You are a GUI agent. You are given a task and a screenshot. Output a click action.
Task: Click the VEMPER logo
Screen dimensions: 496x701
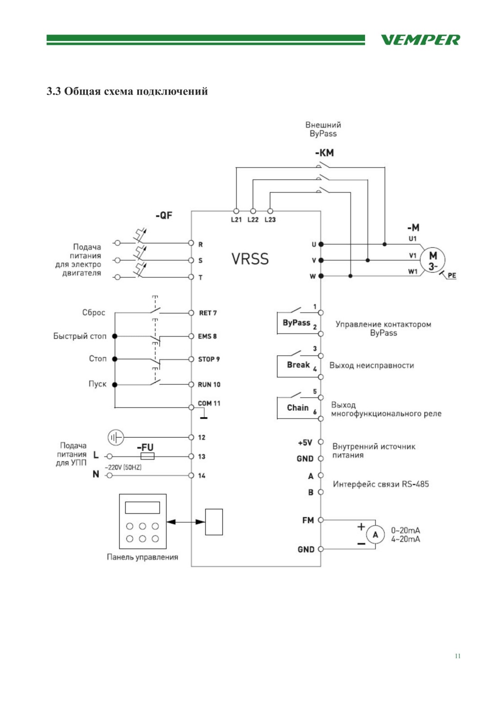point(420,40)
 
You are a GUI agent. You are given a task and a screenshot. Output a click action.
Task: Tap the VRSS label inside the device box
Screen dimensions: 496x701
point(250,259)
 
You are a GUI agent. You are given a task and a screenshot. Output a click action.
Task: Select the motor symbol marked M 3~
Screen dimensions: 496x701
point(432,260)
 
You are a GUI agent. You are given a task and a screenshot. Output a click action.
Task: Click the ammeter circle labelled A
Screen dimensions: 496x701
point(375,535)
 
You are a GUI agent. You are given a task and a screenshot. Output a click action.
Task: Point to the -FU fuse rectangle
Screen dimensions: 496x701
point(147,456)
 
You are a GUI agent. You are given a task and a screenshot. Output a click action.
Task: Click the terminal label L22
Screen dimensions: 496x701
point(253,220)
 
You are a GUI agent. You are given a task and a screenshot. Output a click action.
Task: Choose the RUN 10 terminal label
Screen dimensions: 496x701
point(209,385)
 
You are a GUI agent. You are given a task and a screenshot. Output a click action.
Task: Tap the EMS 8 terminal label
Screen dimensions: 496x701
point(207,337)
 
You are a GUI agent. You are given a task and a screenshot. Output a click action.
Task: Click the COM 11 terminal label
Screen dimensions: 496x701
point(209,404)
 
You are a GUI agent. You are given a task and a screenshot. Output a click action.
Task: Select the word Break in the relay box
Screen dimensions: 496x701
point(298,365)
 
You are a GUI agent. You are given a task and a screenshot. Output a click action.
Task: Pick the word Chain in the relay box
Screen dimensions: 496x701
point(298,408)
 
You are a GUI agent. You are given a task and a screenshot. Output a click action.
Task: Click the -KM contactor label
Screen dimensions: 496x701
point(325,153)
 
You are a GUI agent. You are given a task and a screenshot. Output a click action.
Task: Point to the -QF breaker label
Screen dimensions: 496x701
point(164,216)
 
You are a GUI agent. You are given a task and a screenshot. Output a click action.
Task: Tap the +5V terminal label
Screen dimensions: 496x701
point(305,443)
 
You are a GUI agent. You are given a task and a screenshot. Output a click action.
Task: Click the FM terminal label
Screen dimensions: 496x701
point(308,521)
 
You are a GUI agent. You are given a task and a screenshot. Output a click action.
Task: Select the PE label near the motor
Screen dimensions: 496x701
point(451,275)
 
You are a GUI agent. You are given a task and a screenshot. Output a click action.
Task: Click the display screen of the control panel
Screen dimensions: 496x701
point(143,507)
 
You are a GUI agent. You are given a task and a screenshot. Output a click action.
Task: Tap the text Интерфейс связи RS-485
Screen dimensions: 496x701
point(381,484)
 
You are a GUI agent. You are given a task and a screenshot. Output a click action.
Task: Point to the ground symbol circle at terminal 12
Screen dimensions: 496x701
point(116,437)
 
